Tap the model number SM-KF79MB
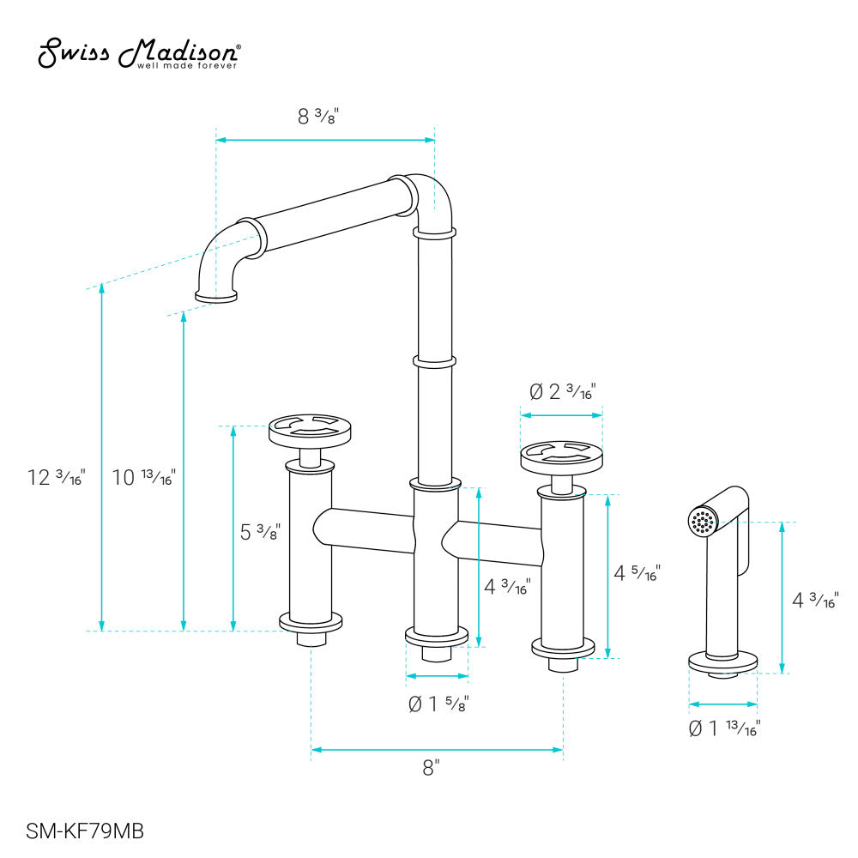click(85, 831)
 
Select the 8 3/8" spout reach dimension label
click(318, 118)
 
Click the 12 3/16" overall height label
click(57, 478)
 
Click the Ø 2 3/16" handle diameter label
click(562, 392)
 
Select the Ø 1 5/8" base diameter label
click(438, 704)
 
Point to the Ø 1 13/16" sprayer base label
click(724, 728)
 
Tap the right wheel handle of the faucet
click(561, 455)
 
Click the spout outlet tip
click(216, 297)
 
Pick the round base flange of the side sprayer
click(723, 662)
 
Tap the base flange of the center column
click(438, 637)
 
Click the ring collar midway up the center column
click(432, 362)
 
